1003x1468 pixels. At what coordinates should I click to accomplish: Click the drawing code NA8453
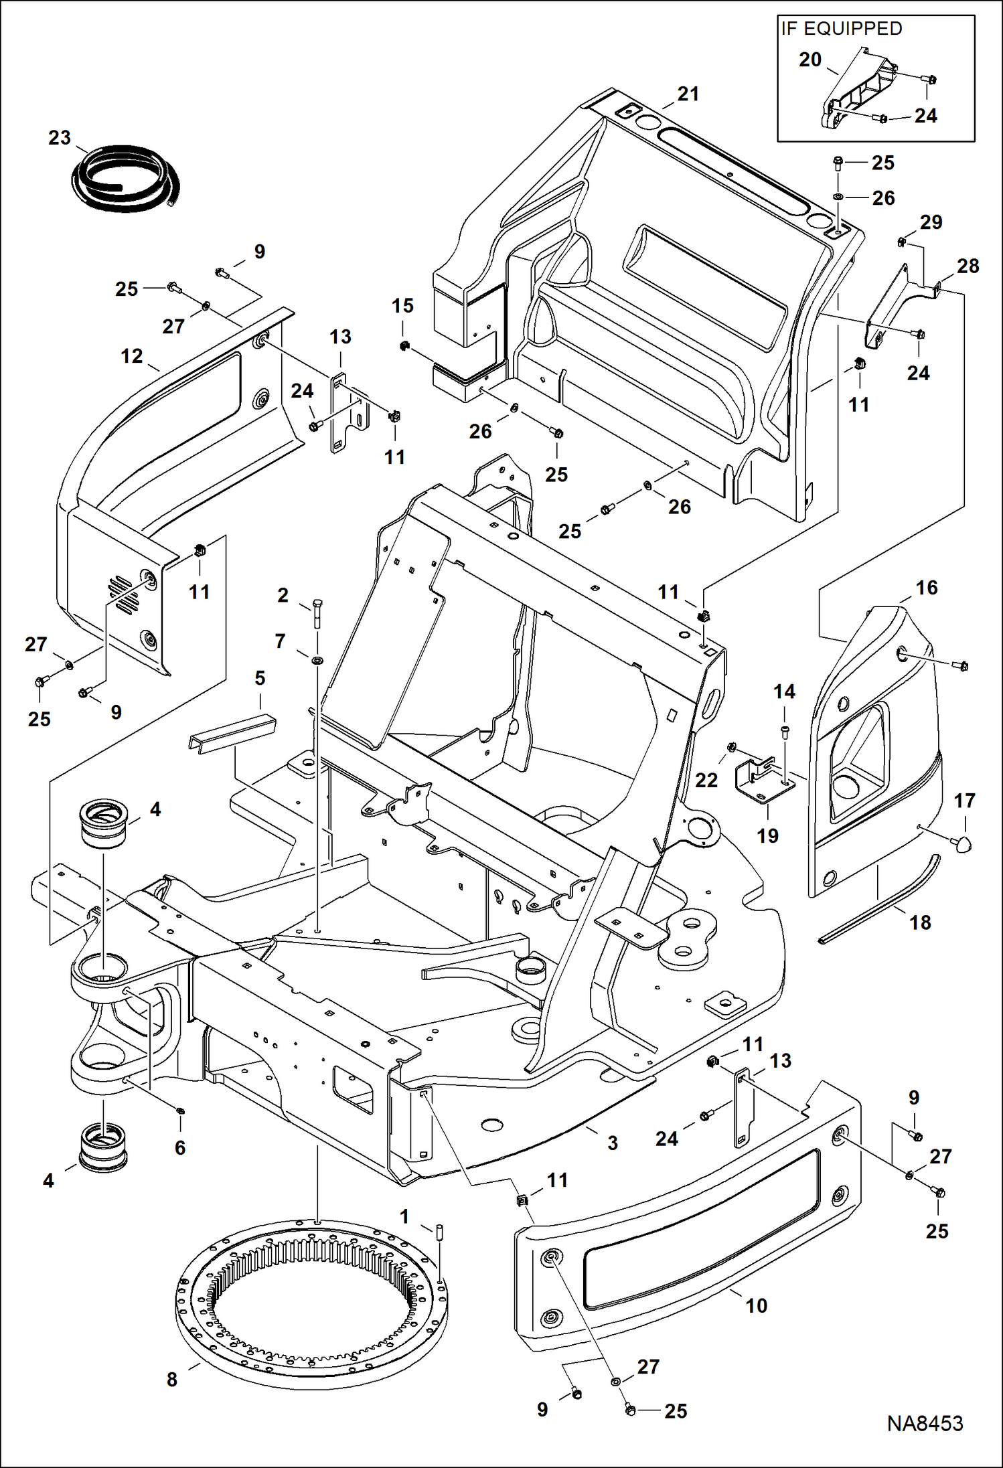925,1424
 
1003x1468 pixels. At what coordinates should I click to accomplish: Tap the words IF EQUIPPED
841,29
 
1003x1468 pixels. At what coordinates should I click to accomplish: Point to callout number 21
688,94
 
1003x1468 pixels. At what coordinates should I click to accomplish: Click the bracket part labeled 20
860,90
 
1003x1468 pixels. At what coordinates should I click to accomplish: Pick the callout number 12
132,356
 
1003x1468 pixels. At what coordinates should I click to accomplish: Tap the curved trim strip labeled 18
880,900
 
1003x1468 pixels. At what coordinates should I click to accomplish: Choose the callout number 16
926,588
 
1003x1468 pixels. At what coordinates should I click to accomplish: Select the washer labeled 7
317,660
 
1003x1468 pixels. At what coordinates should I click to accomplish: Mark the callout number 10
756,1305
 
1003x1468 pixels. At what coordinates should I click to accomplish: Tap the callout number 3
612,1143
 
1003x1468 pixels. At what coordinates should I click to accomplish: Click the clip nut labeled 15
404,346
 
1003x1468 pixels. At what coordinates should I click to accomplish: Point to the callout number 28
968,266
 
